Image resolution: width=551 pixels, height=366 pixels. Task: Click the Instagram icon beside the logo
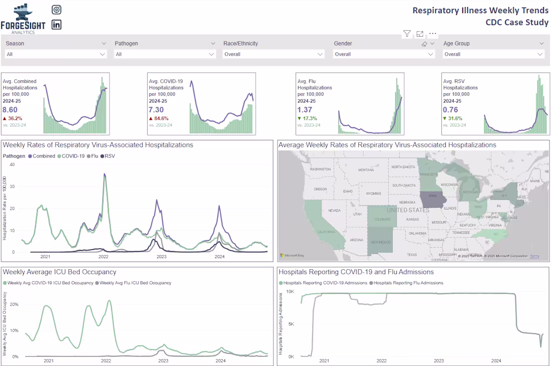coord(57,10)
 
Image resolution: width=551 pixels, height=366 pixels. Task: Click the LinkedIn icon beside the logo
coord(57,25)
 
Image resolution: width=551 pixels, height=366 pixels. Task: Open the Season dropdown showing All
coord(56,54)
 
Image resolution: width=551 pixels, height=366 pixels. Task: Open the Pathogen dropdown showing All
coord(165,54)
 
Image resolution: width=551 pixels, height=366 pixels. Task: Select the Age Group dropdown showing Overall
coord(493,54)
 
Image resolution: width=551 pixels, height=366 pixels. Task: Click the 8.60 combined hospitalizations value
coord(10,110)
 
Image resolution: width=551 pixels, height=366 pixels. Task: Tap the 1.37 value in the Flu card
coord(305,110)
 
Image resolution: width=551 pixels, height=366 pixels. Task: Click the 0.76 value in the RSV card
coord(450,110)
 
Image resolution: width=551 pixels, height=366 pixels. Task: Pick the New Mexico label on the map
coord(381,242)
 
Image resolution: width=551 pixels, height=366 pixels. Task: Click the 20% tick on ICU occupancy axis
coord(14,304)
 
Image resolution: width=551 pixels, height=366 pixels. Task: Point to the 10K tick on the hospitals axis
coord(290,291)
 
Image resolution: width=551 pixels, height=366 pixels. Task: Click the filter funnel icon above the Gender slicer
coord(407,34)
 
